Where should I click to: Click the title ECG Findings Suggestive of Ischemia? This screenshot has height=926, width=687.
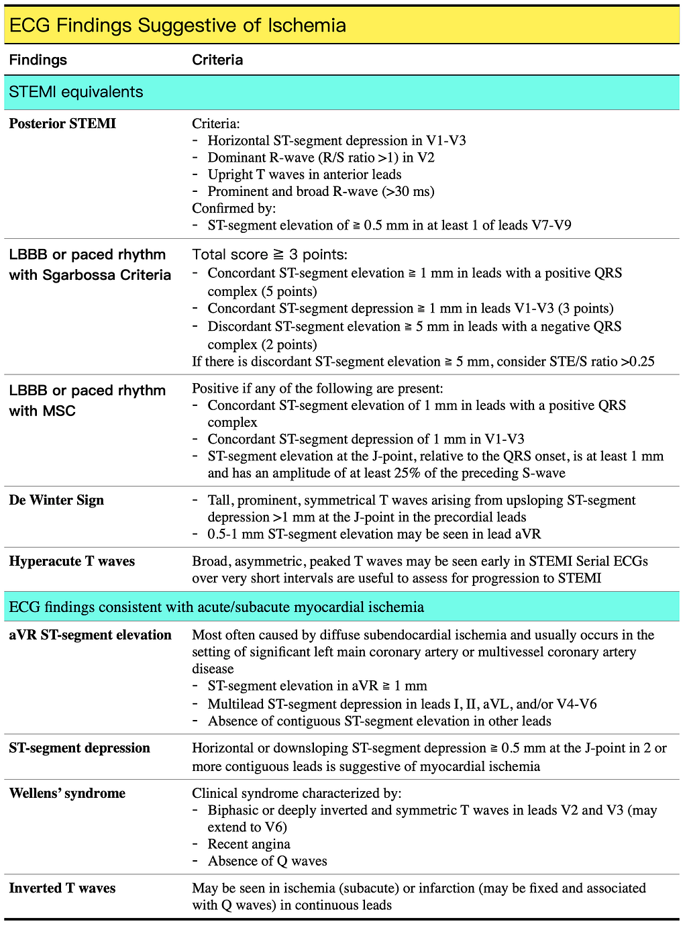(177, 25)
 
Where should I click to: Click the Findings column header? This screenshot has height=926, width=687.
(38, 60)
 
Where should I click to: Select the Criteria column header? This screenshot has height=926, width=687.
(217, 60)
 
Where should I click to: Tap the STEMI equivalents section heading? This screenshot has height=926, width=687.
(76, 92)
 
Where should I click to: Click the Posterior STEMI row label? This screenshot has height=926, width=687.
(62, 123)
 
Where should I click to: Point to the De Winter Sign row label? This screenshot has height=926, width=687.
(56, 500)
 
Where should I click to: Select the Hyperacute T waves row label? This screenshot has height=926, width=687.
(72, 561)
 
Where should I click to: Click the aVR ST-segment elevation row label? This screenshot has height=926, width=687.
(90, 635)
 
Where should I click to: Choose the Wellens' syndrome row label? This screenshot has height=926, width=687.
(67, 793)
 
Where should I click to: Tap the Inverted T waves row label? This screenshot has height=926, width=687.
(62, 888)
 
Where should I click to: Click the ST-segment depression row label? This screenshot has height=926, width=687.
(79, 748)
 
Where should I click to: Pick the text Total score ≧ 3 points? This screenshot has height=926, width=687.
(270, 255)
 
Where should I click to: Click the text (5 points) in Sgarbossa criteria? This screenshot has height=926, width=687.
(288, 291)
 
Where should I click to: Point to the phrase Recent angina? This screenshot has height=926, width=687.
(249, 844)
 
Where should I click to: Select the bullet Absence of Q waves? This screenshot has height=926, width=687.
(267, 861)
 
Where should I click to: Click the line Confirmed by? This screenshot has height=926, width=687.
(233, 208)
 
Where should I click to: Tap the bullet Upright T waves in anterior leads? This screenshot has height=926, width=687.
(304, 174)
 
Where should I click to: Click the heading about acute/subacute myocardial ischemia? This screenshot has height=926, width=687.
(216, 607)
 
